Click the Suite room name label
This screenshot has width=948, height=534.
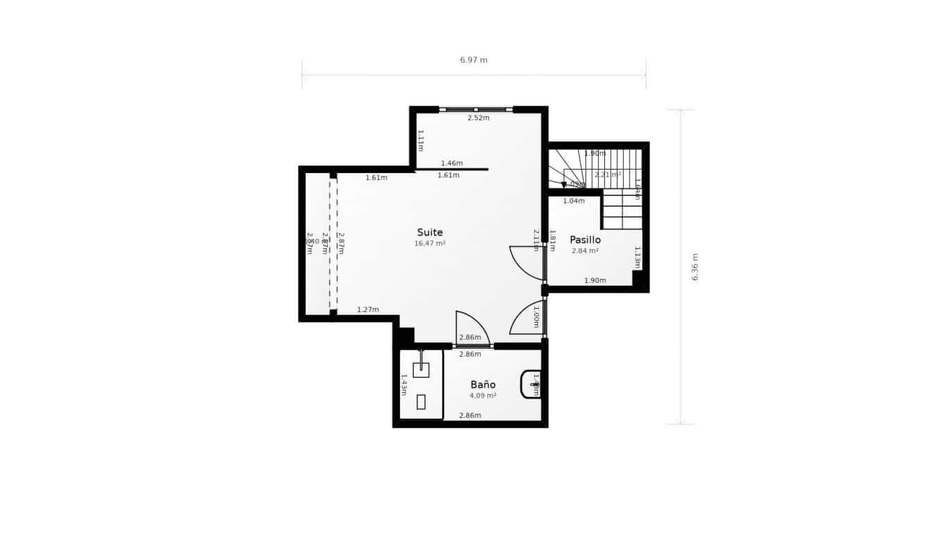(429, 232)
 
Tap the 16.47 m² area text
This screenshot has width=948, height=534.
(429, 244)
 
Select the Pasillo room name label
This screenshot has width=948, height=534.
(585, 240)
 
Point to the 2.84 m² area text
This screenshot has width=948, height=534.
(585, 251)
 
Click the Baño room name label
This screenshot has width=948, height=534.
(483, 385)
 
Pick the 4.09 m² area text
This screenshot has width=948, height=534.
(483, 396)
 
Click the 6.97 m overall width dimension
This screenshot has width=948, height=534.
(474, 60)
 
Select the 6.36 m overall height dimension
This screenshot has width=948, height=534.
(695, 266)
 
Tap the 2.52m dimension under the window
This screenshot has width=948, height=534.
(478, 118)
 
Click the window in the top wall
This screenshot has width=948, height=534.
(476, 109)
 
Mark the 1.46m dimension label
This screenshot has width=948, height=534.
(451, 163)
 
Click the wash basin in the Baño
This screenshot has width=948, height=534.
(531, 384)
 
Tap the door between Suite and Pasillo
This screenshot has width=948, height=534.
(528, 263)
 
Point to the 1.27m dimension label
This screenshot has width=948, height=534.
(368, 309)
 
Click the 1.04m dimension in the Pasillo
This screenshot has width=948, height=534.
(574, 201)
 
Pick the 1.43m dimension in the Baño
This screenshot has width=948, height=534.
(404, 385)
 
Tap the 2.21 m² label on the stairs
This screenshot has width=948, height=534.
(608, 175)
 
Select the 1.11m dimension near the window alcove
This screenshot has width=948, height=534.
(420, 140)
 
